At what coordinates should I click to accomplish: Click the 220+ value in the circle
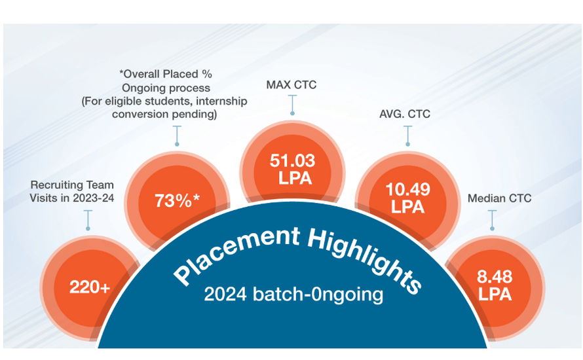pos(90,287)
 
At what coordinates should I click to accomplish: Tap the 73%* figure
pos(177,201)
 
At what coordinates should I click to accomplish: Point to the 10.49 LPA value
pos(408,197)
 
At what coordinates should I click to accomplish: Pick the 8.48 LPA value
pos(495,286)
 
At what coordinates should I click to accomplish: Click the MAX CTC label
pos(293,85)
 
